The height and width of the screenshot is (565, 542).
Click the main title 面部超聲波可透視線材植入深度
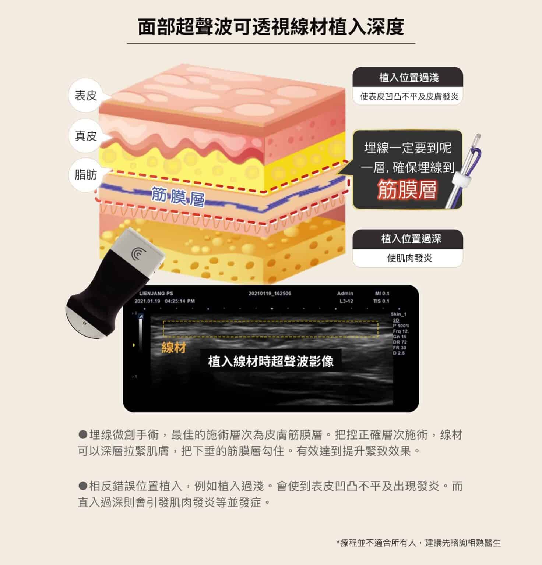[x=271, y=26]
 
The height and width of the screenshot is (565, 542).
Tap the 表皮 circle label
[x=86, y=96]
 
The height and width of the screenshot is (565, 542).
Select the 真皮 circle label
[x=86, y=136]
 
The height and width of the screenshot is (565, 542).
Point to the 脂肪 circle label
[x=86, y=174]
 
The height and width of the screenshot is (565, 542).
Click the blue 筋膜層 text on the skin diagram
[x=178, y=198]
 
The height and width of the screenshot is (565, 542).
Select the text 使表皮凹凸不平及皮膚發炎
[x=409, y=97]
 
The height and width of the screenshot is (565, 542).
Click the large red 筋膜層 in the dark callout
[x=407, y=189]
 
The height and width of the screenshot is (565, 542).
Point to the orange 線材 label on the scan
[x=174, y=348]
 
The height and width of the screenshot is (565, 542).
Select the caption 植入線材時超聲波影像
[x=271, y=361]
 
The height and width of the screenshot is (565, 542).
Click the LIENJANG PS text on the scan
[x=156, y=294]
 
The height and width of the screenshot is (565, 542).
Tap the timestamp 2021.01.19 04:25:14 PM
[x=165, y=301]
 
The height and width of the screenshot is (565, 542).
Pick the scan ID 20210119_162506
[x=270, y=294]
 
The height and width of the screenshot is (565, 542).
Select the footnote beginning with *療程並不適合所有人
[x=418, y=543]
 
